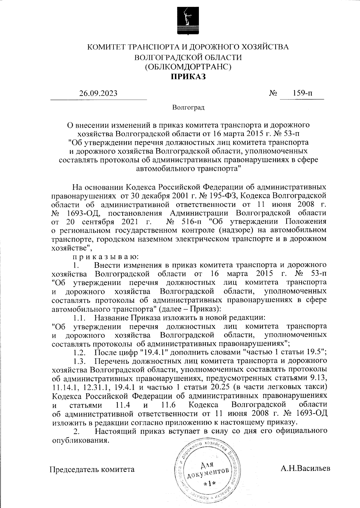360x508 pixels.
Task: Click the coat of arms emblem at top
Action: pyautogui.click(x=188, y=21)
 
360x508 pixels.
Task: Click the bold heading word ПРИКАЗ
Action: pyautogui.click(x=188, y=77)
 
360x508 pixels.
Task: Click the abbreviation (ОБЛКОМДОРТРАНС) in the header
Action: pyautogui.click(x=188, y=67)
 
